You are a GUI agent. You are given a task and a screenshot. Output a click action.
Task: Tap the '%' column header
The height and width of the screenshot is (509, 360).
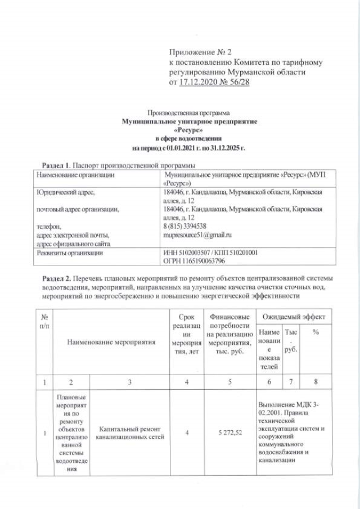pyautogui.click(x=316, y=333)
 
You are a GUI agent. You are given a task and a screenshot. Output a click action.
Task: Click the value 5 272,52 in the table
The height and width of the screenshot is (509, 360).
pyautogui.click(x=228, y=434)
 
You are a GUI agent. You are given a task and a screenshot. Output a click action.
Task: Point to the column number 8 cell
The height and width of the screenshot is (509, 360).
pyautogui.click(x=316, y=382)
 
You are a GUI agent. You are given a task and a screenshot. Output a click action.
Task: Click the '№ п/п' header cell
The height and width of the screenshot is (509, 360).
pyautogui.click(x=38, y=321)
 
